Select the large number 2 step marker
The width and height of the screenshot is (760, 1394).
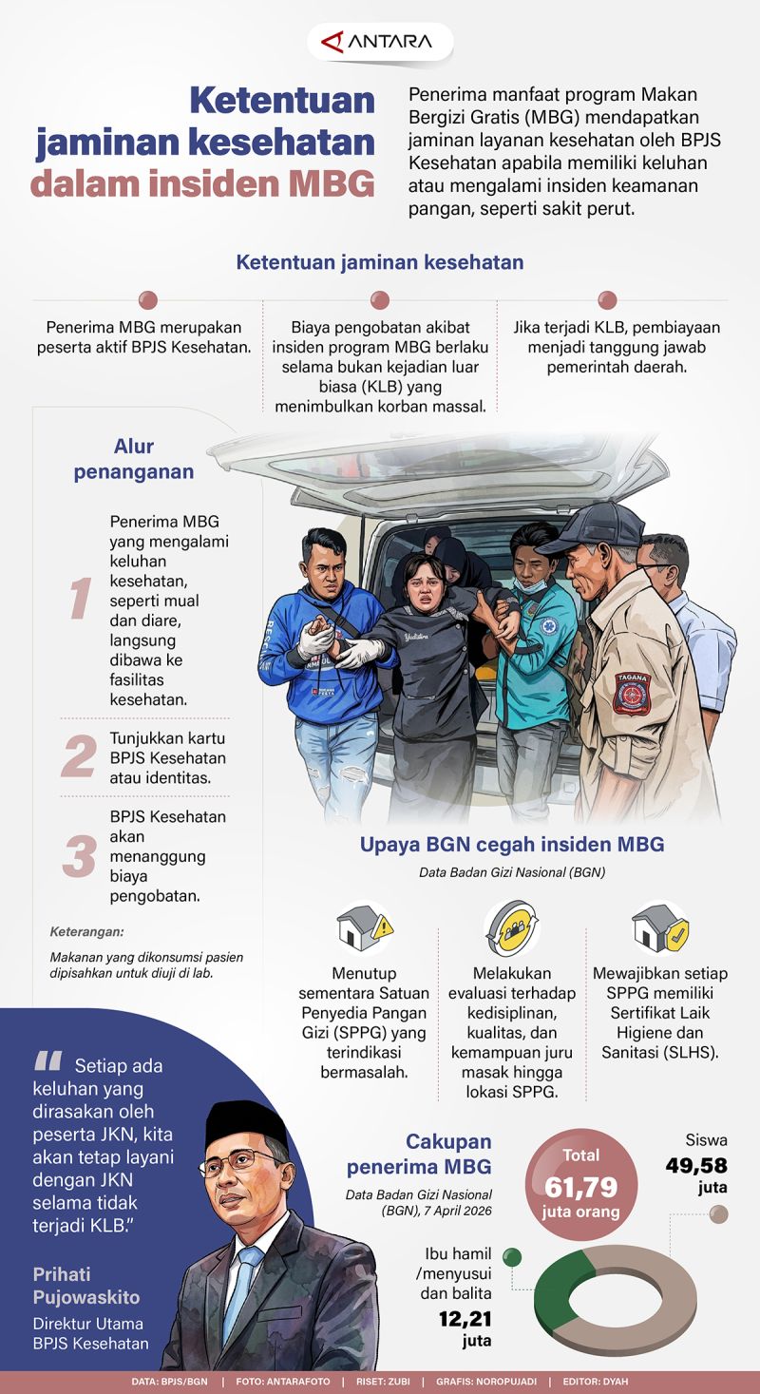(79, 756)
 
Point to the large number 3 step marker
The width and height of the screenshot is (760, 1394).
(79, 855)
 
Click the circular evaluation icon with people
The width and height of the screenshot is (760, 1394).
(513, 927)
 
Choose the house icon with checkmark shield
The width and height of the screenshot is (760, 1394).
(660, 927)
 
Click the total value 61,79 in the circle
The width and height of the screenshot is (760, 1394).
(581, 1187)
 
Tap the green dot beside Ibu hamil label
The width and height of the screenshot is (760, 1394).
(512, 1257)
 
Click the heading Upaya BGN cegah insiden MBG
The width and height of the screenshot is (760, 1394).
(512, 844)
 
